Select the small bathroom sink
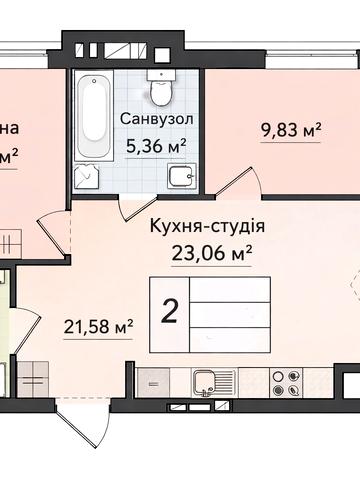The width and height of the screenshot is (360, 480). coord(180,179)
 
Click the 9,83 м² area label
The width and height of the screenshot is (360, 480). coord(290,129)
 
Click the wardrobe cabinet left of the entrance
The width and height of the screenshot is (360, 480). coord(30,380)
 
